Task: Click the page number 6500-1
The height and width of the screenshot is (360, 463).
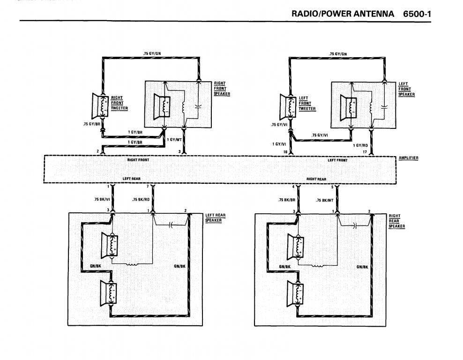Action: coord(417,14)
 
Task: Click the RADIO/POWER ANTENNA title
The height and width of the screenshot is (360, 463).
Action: coord(343,14)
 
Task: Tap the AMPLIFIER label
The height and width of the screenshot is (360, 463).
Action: coord(408,158)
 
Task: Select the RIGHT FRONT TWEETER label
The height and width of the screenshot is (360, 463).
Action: coord(119,103)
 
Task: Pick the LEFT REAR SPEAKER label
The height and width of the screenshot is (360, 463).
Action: coord(215,217)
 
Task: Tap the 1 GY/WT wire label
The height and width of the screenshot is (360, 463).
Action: coord(174,140)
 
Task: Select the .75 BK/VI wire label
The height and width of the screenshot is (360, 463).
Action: coord(101,200)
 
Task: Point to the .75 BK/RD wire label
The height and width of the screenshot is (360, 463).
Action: coord(141,200)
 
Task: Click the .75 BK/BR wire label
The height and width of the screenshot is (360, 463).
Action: coord(286,200)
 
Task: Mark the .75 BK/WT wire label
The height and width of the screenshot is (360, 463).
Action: coord(325,200)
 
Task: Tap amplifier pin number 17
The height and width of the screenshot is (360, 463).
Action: coord(365,152)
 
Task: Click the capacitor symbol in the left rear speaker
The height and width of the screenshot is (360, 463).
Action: coord(172,225)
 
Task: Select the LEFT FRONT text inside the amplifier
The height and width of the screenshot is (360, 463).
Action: coord(337,160)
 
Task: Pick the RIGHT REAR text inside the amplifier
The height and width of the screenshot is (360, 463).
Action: coord(316,179)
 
